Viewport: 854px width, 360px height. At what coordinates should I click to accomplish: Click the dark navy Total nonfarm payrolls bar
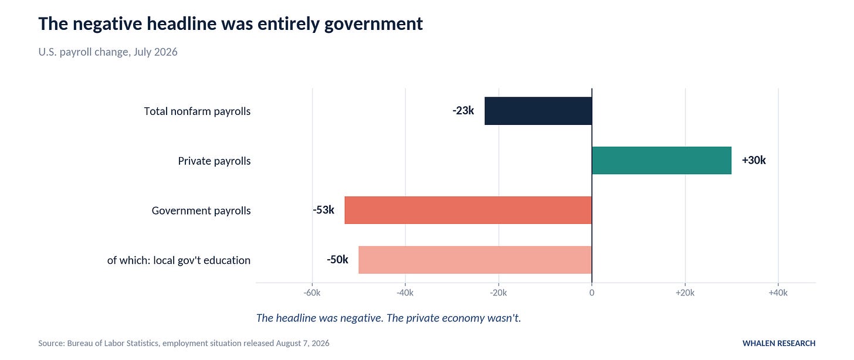[x=538, y=111]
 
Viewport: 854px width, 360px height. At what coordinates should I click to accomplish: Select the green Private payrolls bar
[x=662, y=161]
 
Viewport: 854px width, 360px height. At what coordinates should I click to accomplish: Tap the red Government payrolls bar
[x=468, y=210]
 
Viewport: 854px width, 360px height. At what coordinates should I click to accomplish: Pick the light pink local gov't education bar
[x=475, y=260]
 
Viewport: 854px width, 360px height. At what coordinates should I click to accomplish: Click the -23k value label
[x=463, y=110]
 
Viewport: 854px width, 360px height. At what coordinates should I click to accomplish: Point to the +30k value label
[x=754, y=160]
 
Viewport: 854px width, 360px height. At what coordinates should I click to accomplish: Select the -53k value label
[x=323, y=210]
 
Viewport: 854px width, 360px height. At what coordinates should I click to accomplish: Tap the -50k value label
[x=337, y=259]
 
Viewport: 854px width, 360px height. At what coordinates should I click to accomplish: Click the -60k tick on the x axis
[x=312, y=293]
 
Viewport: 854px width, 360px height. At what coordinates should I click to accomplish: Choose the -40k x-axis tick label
[x=405, y=293]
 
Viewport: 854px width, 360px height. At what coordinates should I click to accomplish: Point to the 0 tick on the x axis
[x=592, y=293]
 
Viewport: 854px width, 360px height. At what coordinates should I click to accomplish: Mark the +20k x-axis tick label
[x=685, y=293]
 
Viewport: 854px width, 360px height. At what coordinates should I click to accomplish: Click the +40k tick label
[x=778, y=293]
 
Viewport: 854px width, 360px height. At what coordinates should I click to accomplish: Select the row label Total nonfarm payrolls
[x=197, y=111]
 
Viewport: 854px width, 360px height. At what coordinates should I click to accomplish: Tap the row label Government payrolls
[x=201, y=210]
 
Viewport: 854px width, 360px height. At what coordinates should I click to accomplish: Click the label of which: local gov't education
[x=179, y=260]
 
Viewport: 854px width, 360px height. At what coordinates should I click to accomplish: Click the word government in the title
[x=374, y=24]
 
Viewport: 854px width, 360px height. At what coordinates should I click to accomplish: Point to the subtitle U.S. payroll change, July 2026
[x=108, y=52]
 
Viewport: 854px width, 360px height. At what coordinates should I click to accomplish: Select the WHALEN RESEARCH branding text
[x=779, y=343]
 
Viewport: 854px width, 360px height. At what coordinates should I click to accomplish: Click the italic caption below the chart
[x=388, y=318]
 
